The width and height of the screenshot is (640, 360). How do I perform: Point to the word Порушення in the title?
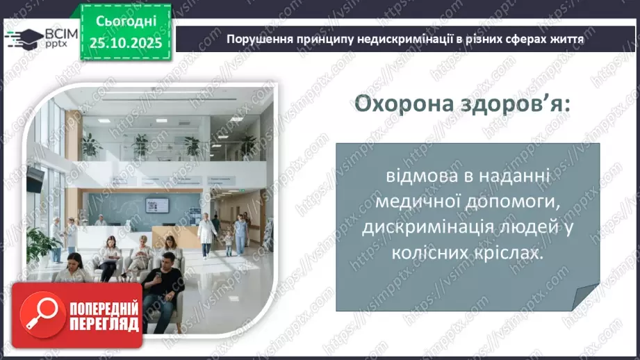pyautogui.click(x=257, y=40)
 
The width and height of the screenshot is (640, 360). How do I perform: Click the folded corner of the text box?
pyautogui.click(x=584, y=298)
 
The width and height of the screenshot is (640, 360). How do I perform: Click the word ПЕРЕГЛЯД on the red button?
pyautogui.click(x=104, y=324)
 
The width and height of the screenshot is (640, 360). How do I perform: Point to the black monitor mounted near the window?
pyautogui.click(x=35, y=179)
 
